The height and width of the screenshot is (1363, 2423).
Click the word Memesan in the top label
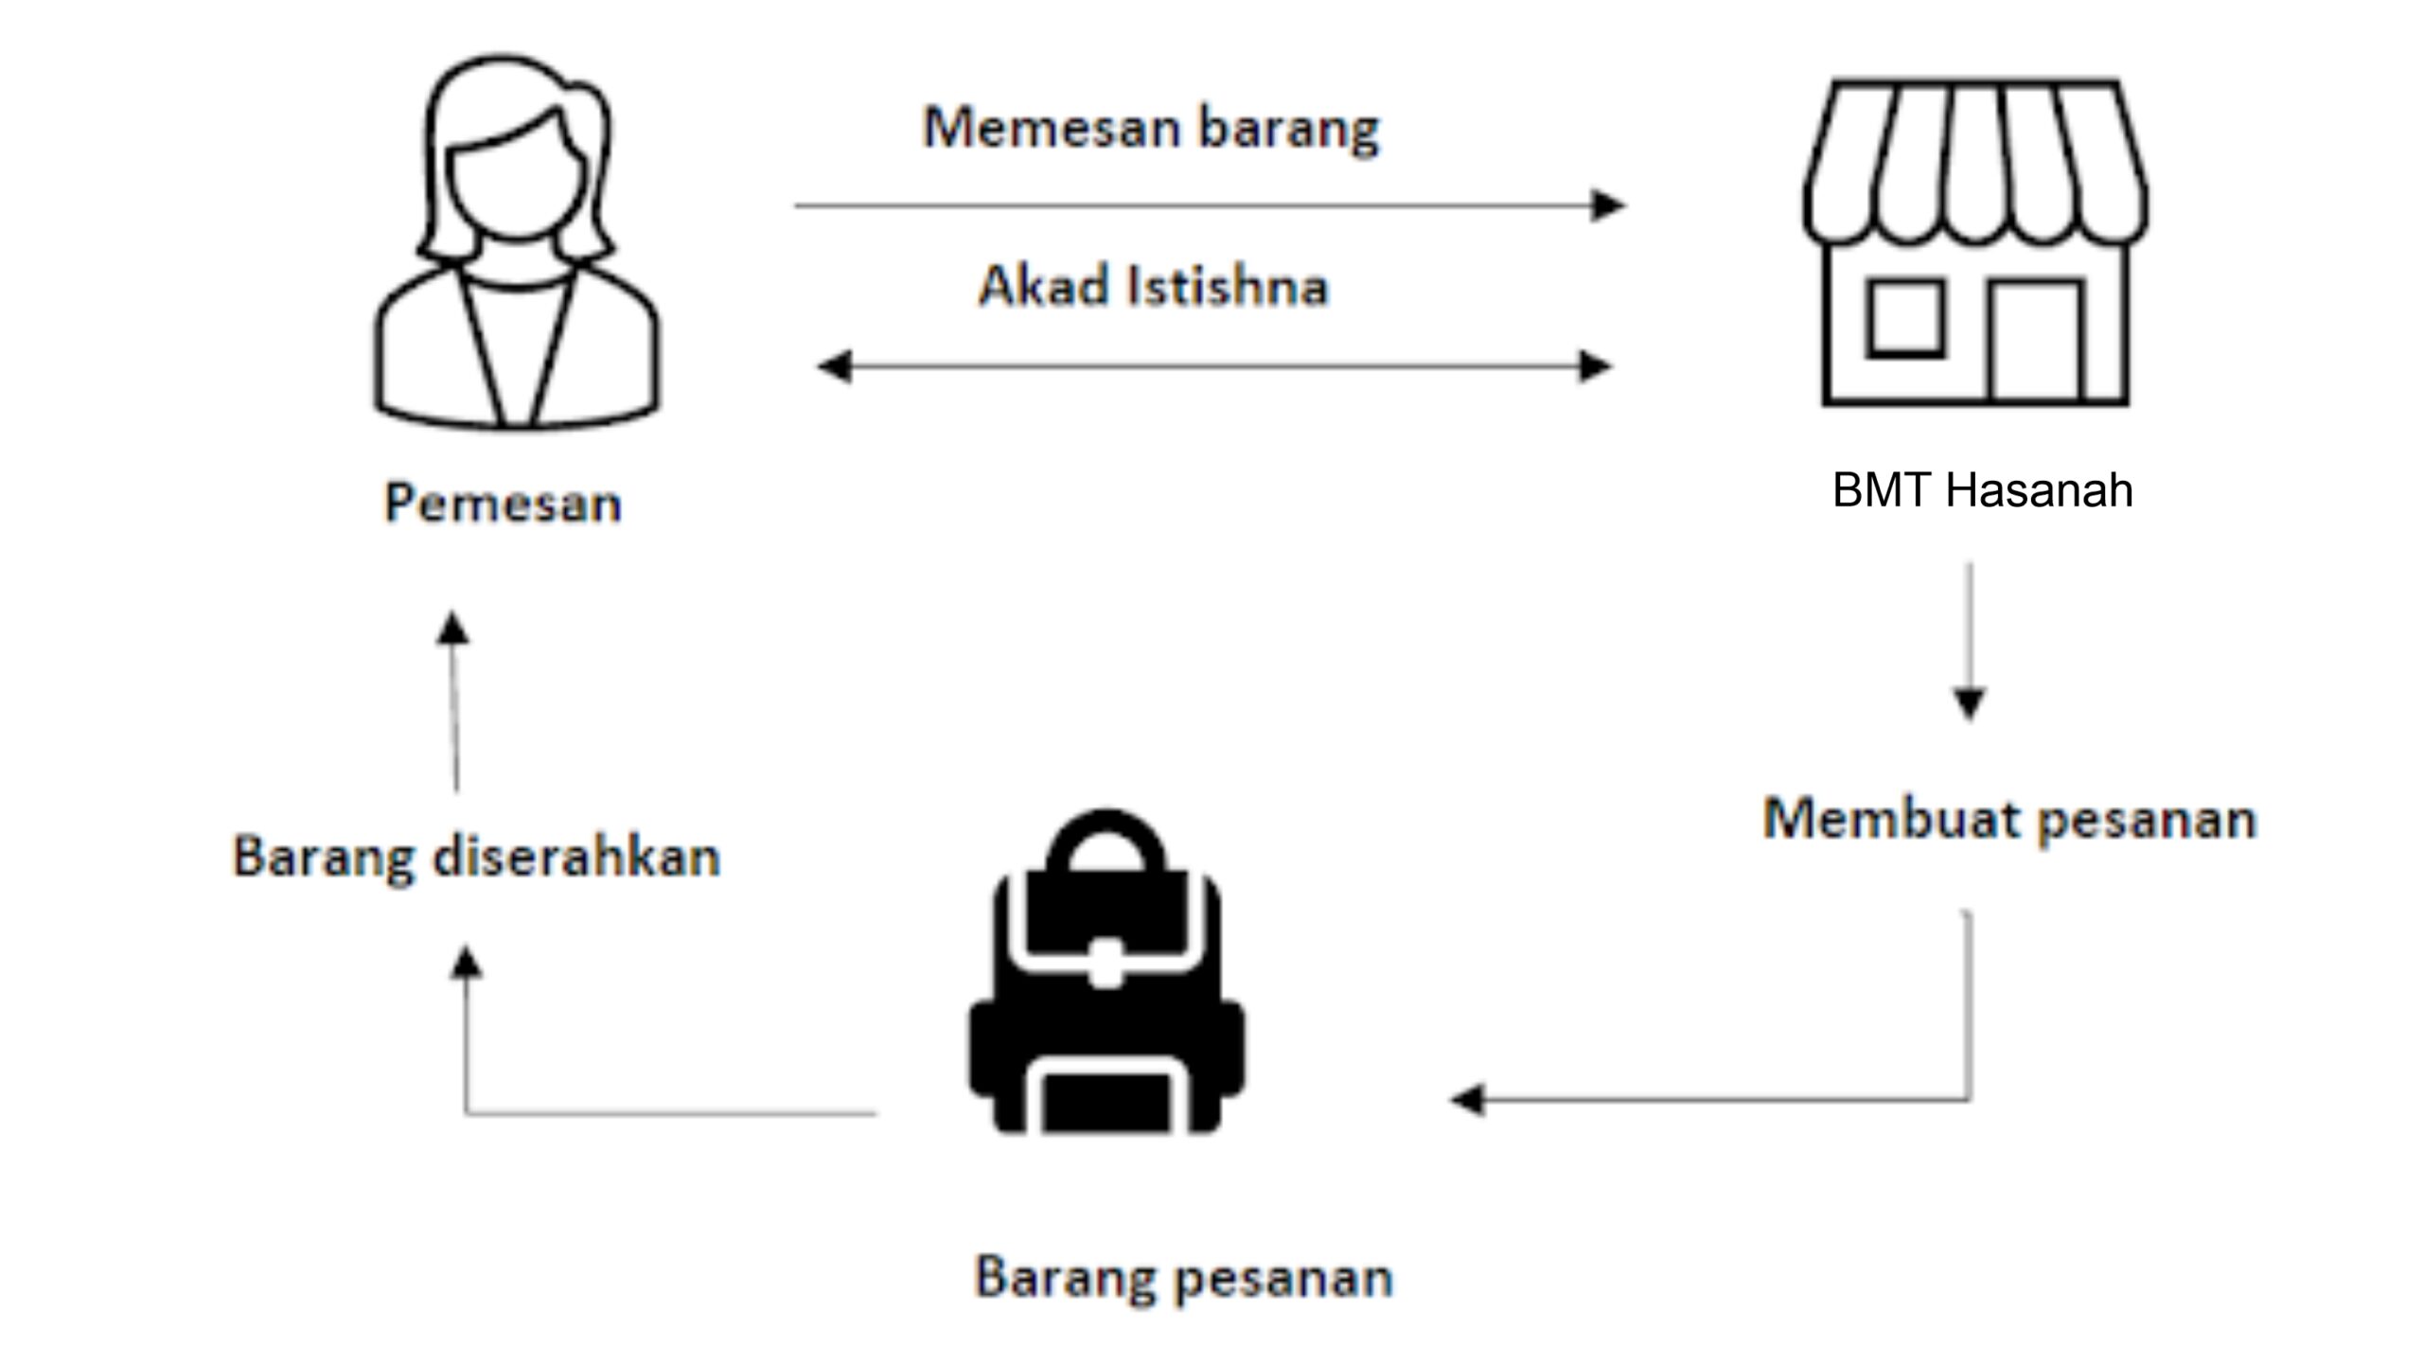tap(1049, 128)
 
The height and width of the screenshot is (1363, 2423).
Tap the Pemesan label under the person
tap(503, 503)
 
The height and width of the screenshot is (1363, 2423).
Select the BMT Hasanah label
tap(1982, 490)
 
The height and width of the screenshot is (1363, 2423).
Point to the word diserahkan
tap(575, 858)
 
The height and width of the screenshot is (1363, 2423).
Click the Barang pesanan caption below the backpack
tap(1183, 1278)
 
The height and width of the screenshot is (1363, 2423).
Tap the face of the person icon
tap(516, 185)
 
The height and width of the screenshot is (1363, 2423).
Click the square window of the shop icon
tap(1905, 318)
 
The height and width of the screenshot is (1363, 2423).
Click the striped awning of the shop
tap(1975, 161)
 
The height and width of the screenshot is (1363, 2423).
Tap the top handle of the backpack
tap(1105, 837)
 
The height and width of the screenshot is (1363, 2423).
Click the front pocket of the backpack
tap(1105, 1098)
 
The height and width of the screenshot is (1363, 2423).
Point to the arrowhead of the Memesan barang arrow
tap(1607, 205)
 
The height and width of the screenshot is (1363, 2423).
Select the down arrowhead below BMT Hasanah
tap(1970, 704)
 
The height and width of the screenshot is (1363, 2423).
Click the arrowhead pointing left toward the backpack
tap(1468, 1100)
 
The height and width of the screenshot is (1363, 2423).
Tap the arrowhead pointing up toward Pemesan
tap(453, 628)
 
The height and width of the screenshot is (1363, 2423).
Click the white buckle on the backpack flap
tap(1105, 964)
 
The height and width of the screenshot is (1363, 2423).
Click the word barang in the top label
tap(1289, 128)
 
